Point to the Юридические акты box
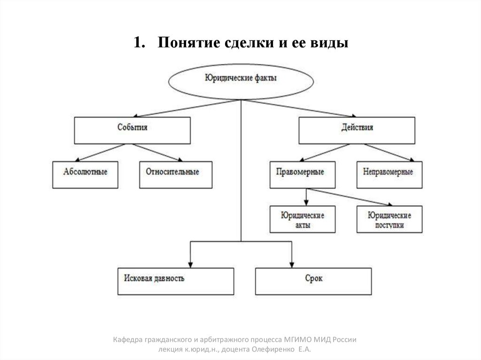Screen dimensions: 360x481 [x=303, y=219]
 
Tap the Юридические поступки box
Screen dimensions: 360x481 [x=389, y=219]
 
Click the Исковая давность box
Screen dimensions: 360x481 [x=176, y=281]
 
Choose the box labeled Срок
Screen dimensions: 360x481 [x=313, y=281]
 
